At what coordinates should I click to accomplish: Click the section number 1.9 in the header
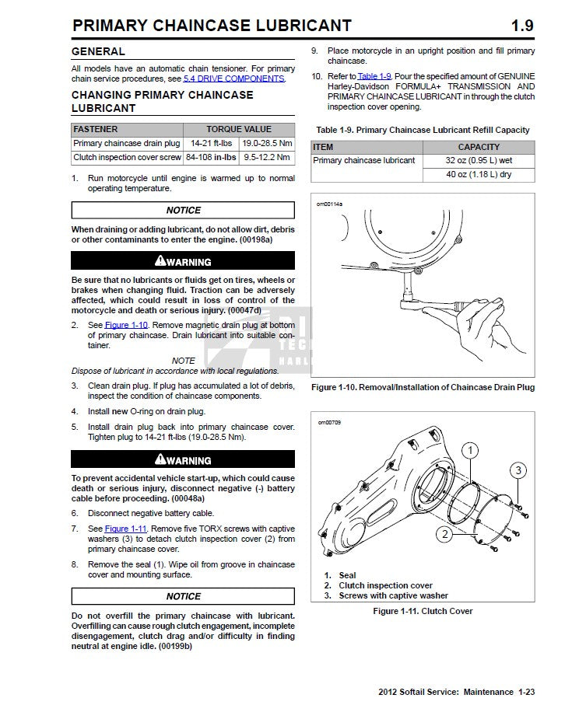521,25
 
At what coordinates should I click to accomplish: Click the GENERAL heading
98,51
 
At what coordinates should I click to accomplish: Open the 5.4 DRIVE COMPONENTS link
233,79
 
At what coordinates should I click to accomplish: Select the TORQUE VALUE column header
239,129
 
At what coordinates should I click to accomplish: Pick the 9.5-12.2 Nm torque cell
267,157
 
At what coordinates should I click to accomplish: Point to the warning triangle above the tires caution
160,261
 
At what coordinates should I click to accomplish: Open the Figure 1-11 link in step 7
126,529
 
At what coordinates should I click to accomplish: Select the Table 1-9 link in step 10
374,76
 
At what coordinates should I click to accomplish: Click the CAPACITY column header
479,147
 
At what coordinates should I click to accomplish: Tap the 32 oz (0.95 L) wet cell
479,161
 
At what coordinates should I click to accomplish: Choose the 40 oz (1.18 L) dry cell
479,175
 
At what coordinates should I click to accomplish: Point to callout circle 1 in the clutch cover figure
468,450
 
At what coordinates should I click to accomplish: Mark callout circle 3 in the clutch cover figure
518,470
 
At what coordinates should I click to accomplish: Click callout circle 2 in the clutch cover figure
443,534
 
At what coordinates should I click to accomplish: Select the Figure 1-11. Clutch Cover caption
423,611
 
